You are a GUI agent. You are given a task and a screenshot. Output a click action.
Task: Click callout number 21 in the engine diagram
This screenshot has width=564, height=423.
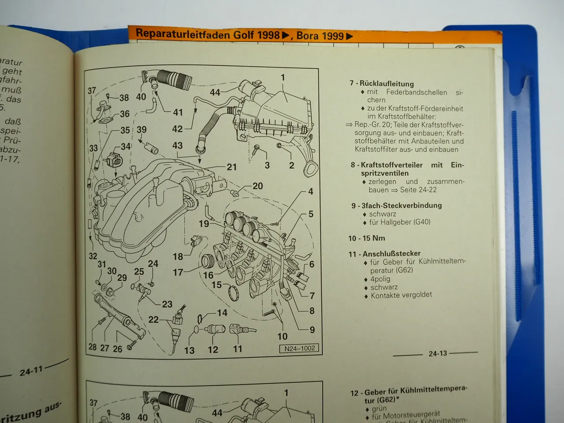point(232,167)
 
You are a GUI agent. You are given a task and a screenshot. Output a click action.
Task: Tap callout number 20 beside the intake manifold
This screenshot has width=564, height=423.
point(257,186)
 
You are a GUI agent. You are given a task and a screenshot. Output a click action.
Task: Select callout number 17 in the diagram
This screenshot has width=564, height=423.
point(178,272)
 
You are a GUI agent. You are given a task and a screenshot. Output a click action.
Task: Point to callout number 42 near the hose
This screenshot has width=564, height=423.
point(177,129)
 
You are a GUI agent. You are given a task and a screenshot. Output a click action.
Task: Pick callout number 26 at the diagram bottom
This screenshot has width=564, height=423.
point(117,349)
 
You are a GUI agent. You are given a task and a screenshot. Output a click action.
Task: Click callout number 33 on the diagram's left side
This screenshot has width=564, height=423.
point(93,148)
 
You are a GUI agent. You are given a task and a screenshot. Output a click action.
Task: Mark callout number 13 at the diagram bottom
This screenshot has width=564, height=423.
point(189,350)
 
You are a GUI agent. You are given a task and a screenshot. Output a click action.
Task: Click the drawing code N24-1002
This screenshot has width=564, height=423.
point(299,348)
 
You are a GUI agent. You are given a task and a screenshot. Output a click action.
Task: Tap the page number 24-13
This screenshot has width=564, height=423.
point(438,353)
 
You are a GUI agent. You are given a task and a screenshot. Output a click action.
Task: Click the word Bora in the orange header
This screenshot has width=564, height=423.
point(308,36)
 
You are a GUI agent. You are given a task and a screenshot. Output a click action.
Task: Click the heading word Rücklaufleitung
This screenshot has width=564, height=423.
point(386,83)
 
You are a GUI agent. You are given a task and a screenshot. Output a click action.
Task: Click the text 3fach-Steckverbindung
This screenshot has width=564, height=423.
point(401,205)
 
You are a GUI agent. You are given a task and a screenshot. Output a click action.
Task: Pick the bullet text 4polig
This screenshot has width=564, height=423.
point(380,279)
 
